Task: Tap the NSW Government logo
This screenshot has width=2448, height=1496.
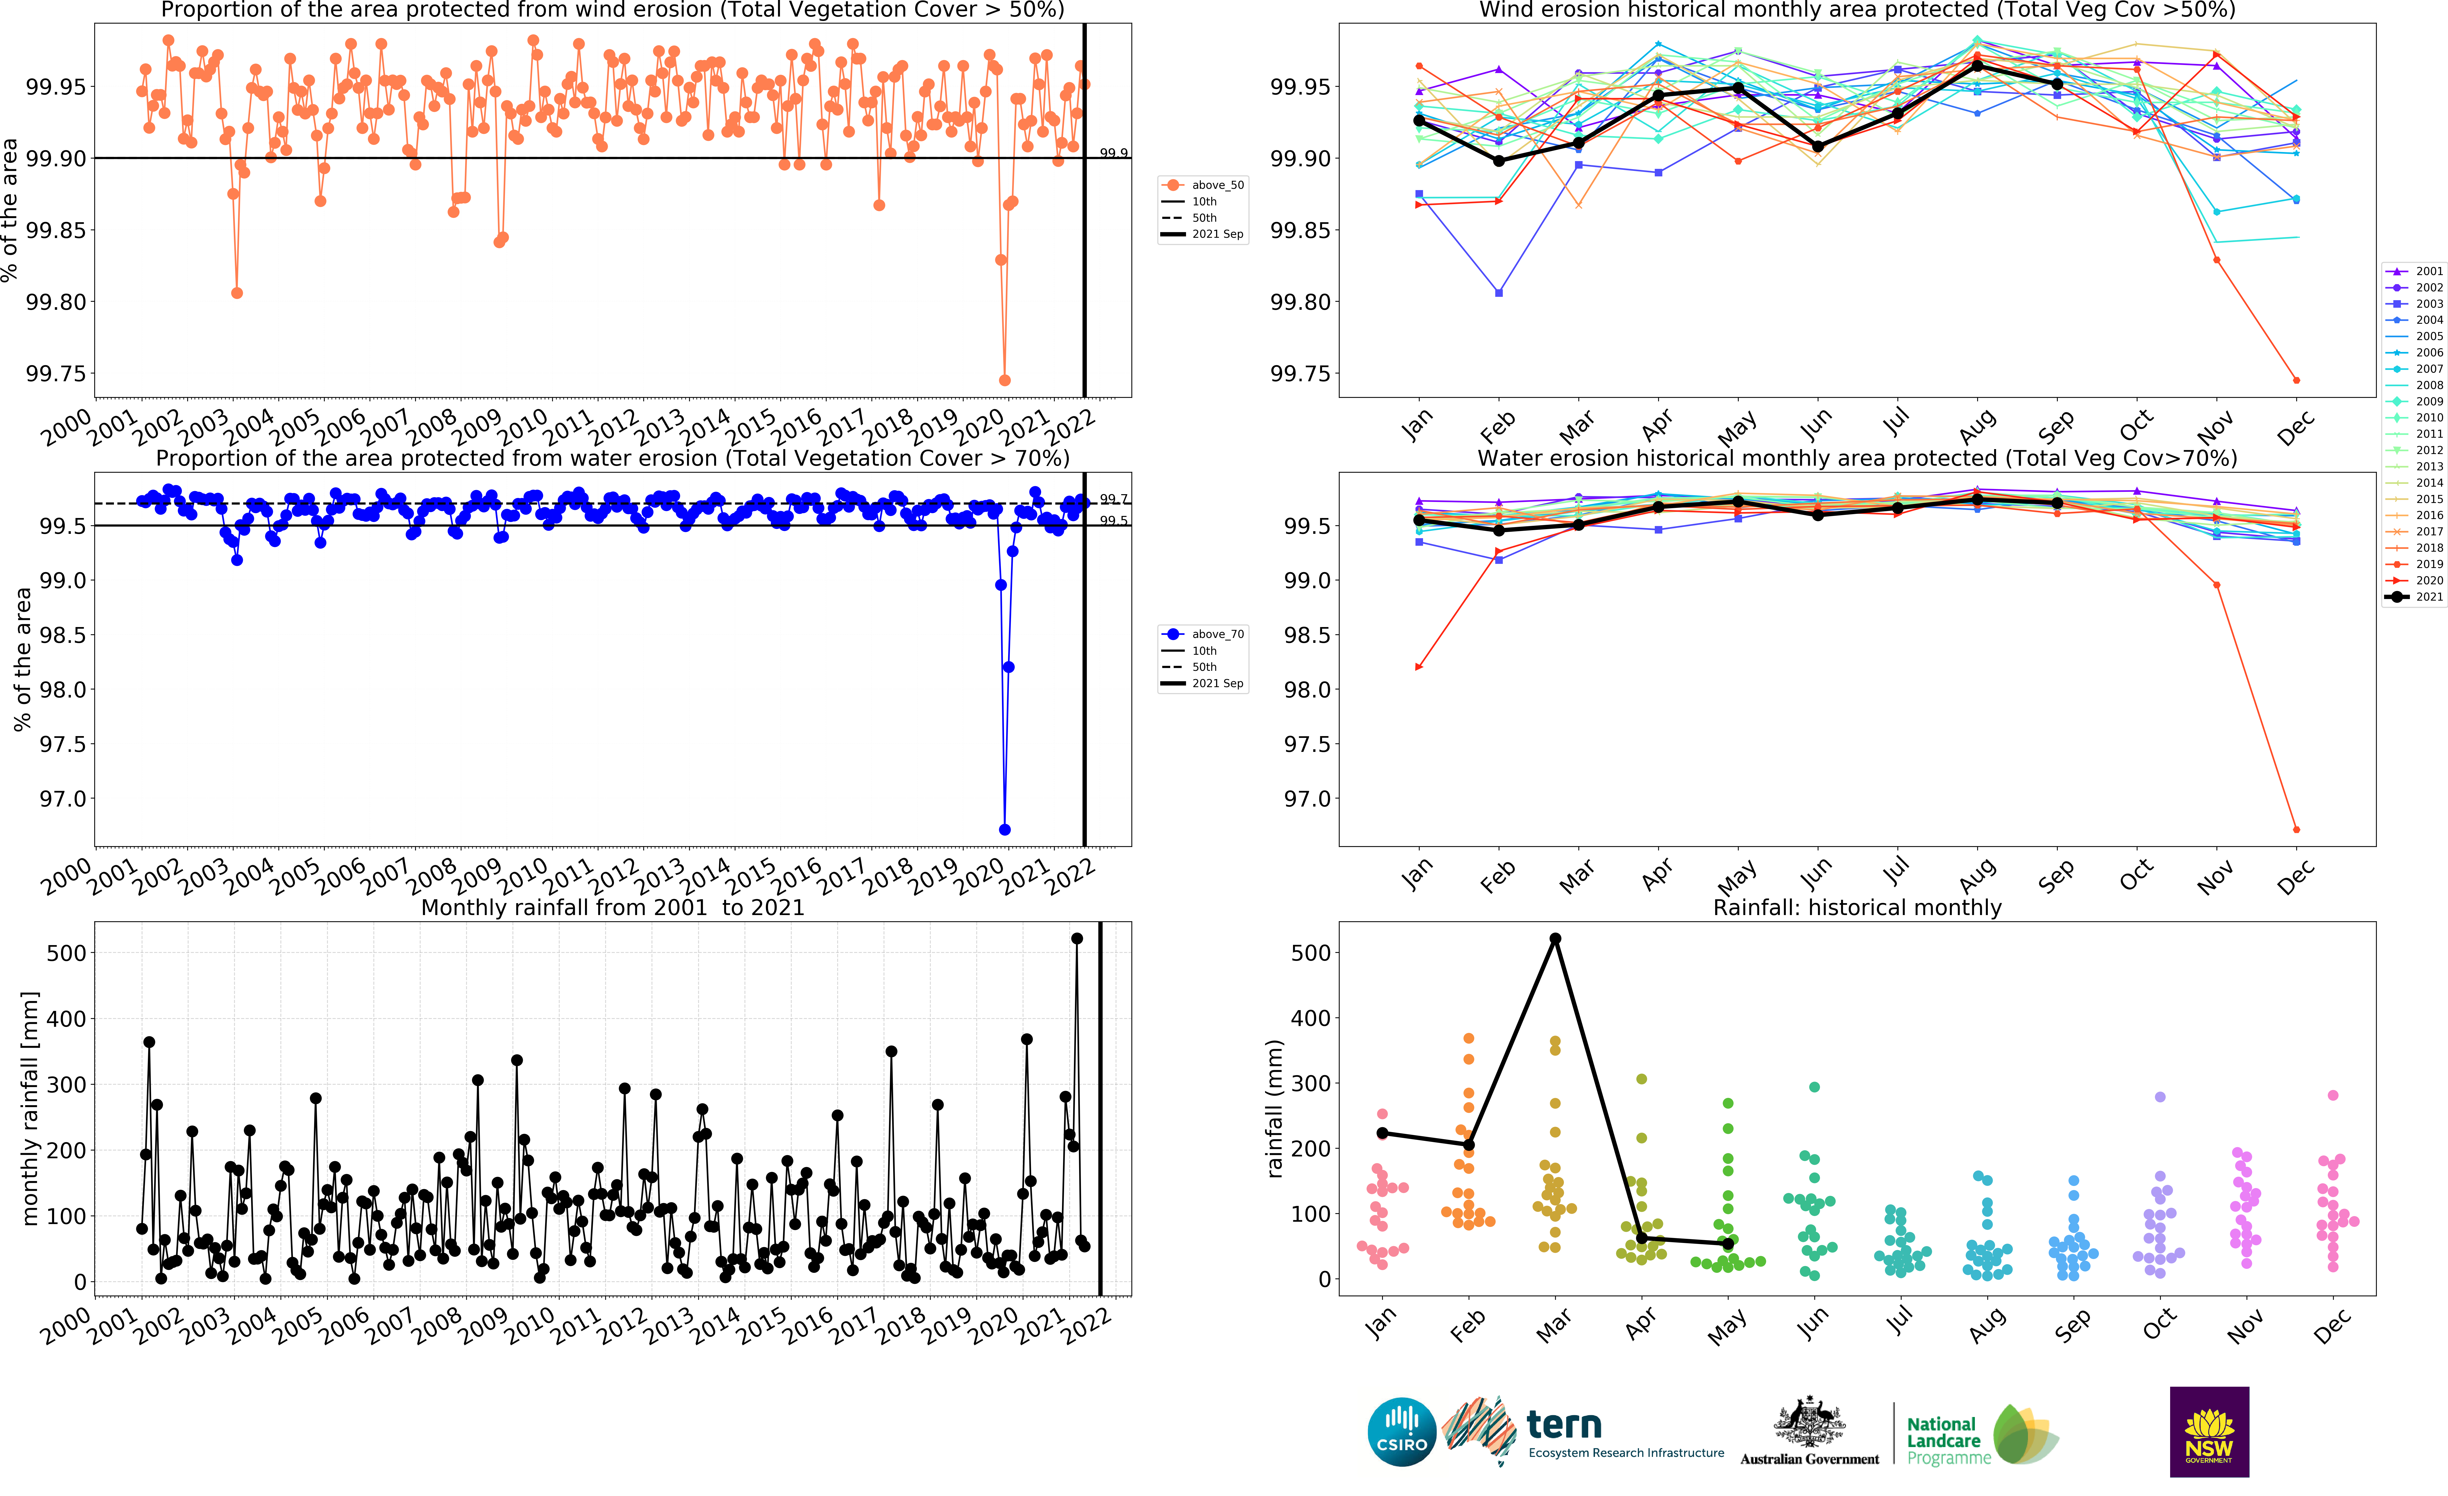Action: point(2208,1432)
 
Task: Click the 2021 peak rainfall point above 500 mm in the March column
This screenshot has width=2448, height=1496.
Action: point(1555,939)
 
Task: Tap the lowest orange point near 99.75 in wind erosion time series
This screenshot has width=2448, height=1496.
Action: point(1005,380)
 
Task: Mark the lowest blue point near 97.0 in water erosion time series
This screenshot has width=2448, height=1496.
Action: point(1005,829)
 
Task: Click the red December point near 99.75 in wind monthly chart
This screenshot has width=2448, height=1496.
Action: point(2296,380)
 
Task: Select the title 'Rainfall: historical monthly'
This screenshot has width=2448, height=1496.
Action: point(1857,907)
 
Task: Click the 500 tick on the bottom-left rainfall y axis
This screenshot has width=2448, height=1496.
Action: point(66,953)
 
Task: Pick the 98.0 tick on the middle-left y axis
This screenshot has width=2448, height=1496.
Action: point(63,689)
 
